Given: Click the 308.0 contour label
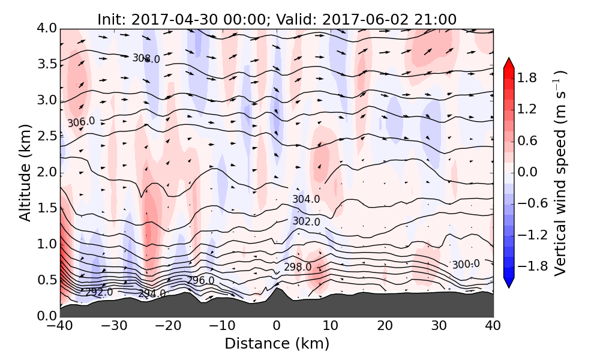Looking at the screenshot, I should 146,59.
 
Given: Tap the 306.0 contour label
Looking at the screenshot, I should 81,122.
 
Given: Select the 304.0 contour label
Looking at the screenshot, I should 306,199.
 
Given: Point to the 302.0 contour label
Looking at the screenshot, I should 306,221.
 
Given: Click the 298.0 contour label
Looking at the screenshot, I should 298,267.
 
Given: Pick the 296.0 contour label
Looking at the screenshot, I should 200,280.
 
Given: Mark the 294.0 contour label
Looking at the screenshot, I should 152,293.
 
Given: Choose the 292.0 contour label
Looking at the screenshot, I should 99,292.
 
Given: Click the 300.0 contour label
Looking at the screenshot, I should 466,265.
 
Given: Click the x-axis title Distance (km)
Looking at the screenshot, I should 277,344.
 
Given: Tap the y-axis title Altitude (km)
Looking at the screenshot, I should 25,172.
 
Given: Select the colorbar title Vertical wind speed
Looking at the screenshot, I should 560,173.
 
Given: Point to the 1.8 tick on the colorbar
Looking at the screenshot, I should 539,77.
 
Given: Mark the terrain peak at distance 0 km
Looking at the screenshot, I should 277,289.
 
